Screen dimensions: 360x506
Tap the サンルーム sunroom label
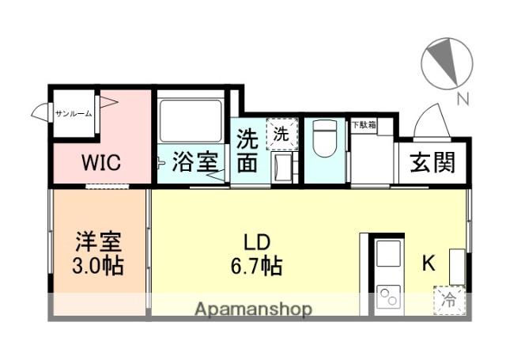[x=74, y=113]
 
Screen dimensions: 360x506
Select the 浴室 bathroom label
[x=197, y=163]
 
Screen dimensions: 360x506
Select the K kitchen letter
[x=428, y=264]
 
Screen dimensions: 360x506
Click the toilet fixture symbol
[x=324, y=141]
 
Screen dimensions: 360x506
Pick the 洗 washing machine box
[x=281, y=134]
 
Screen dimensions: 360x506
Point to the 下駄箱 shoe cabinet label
[x=364, y=124]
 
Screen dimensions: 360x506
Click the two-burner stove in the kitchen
[x=388, y=298]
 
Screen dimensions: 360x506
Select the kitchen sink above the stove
[x=388, y=255]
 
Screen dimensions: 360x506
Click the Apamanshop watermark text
[x=253, y=309]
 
